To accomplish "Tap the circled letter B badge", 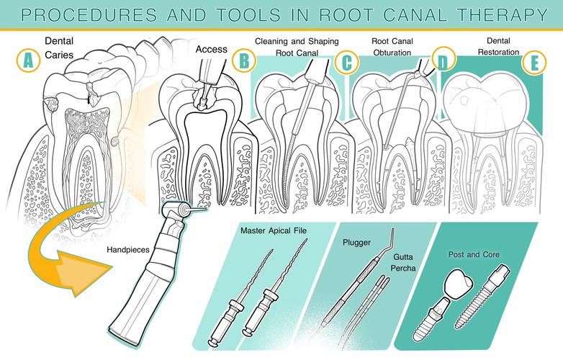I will [245, 60].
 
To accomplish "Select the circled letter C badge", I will [347, 62].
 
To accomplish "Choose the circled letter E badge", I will [533, 63].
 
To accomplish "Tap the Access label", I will [212, 50].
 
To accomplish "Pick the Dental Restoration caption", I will [497, 47].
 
